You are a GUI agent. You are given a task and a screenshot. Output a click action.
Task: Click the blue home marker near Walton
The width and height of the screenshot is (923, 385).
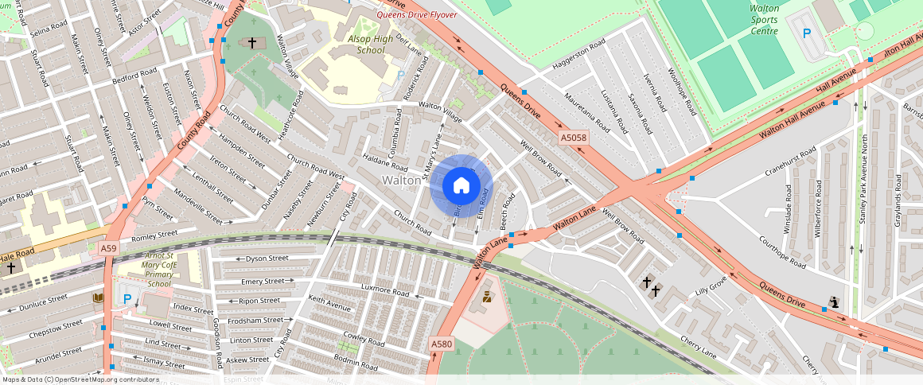coord(461,187)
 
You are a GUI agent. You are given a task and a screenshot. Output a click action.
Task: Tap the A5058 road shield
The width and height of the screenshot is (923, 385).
coord(573,138)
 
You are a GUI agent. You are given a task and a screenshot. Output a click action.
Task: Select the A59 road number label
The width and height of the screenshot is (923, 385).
coord(109,249)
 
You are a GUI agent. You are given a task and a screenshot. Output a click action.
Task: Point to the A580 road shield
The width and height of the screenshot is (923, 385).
coord(442,344)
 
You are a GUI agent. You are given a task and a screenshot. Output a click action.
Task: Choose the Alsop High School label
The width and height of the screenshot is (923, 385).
coord(371,44)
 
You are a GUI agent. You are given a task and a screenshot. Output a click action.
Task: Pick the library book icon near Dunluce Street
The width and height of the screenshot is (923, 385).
coord(99,297)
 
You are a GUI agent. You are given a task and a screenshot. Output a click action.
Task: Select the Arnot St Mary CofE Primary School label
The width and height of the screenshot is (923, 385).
coord(159,270)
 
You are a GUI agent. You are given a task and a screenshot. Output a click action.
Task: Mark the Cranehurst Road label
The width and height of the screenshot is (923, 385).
coord(790,161)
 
